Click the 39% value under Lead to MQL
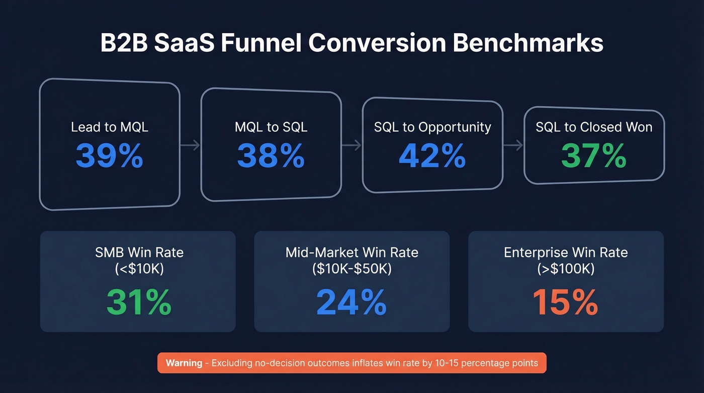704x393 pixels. pos(110,156)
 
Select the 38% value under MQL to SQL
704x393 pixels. pos(271,156)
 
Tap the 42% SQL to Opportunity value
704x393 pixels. pos(432,156)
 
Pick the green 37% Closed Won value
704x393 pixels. pos(594,156)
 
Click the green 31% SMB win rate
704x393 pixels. pos(139,302)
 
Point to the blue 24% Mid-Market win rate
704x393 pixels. pos(351,302)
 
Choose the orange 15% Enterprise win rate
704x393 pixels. pos(565,302)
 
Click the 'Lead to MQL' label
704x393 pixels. pos(110,127)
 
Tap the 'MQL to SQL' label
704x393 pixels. pos(271,127)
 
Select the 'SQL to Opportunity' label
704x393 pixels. pos(432,127)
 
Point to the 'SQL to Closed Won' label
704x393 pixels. pos(594,127)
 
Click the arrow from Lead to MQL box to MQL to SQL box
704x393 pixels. pos(190,145)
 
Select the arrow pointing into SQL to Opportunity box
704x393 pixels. pos(352,145)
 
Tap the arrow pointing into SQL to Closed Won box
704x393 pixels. pos(513,145)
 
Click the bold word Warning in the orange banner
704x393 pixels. pos(184,363)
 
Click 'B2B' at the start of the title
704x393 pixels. pos(124,43)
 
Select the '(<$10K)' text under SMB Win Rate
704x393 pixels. pos(139,269)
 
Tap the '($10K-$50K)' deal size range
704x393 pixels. pos(351,269)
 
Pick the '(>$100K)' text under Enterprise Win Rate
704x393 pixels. pos(566,269)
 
